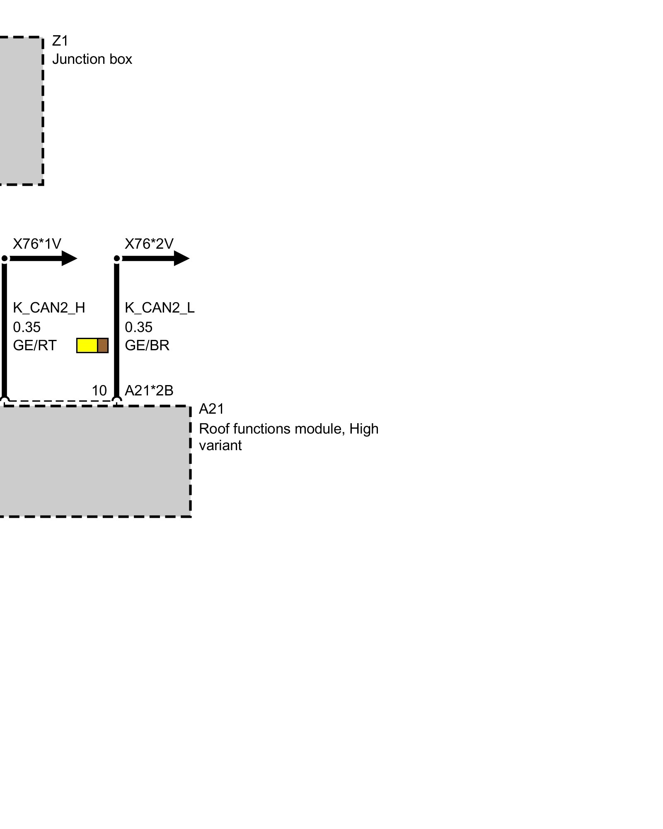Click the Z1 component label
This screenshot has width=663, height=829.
point(60,41)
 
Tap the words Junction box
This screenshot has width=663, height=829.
point(92,59)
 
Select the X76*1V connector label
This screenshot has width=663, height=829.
point(37,244)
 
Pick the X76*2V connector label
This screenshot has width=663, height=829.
point(149,244)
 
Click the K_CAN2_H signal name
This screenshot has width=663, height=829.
point(49,308)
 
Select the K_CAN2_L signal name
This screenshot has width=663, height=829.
point(160,308)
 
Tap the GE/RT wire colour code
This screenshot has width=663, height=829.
point(34,345)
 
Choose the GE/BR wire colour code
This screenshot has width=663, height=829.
point(147,345)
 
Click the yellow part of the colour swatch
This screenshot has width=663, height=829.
point(87,345)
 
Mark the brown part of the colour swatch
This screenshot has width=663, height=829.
point(103,345)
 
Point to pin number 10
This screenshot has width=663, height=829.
point(99,390)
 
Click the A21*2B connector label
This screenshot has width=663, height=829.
point(149,390)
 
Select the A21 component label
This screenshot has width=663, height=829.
point(211,409)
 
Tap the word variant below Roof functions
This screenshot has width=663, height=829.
point(220,446)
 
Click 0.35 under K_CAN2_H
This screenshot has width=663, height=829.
point(27,327)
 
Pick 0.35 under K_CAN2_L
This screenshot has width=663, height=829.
point(139,327)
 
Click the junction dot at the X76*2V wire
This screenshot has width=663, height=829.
point(117,259)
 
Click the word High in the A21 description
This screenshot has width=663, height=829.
point(364,429)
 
